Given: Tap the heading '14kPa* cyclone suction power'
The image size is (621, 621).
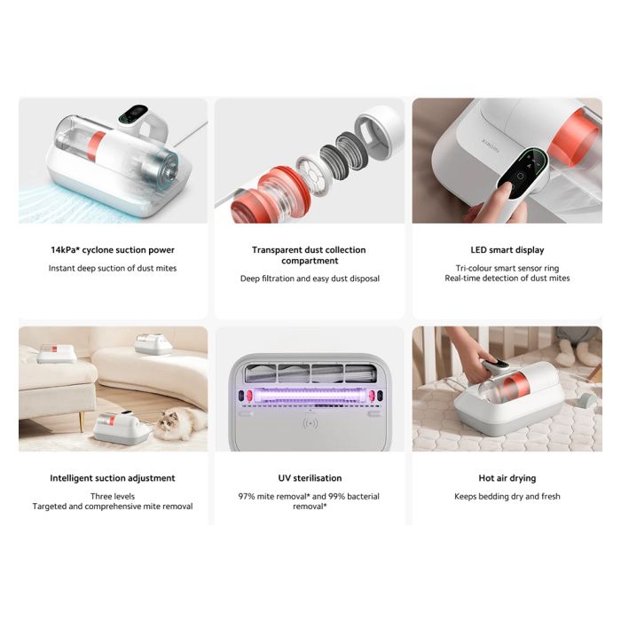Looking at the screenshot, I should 113,250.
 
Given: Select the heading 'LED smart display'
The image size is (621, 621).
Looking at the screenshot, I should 507,250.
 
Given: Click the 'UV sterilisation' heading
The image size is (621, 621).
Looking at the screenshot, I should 310,478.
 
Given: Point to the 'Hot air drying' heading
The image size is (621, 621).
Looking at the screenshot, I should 507,478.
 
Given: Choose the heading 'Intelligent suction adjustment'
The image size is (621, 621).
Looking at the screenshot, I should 113,478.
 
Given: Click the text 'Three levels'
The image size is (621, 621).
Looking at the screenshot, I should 113,496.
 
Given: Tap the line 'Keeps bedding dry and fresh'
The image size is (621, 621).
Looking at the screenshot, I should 507,496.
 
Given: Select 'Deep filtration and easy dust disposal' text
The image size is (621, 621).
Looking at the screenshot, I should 310,279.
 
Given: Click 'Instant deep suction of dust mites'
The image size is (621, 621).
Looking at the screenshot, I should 113,268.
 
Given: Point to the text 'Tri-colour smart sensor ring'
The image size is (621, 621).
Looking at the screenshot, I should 507,268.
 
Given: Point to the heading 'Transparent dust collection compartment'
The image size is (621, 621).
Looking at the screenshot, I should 310,255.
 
